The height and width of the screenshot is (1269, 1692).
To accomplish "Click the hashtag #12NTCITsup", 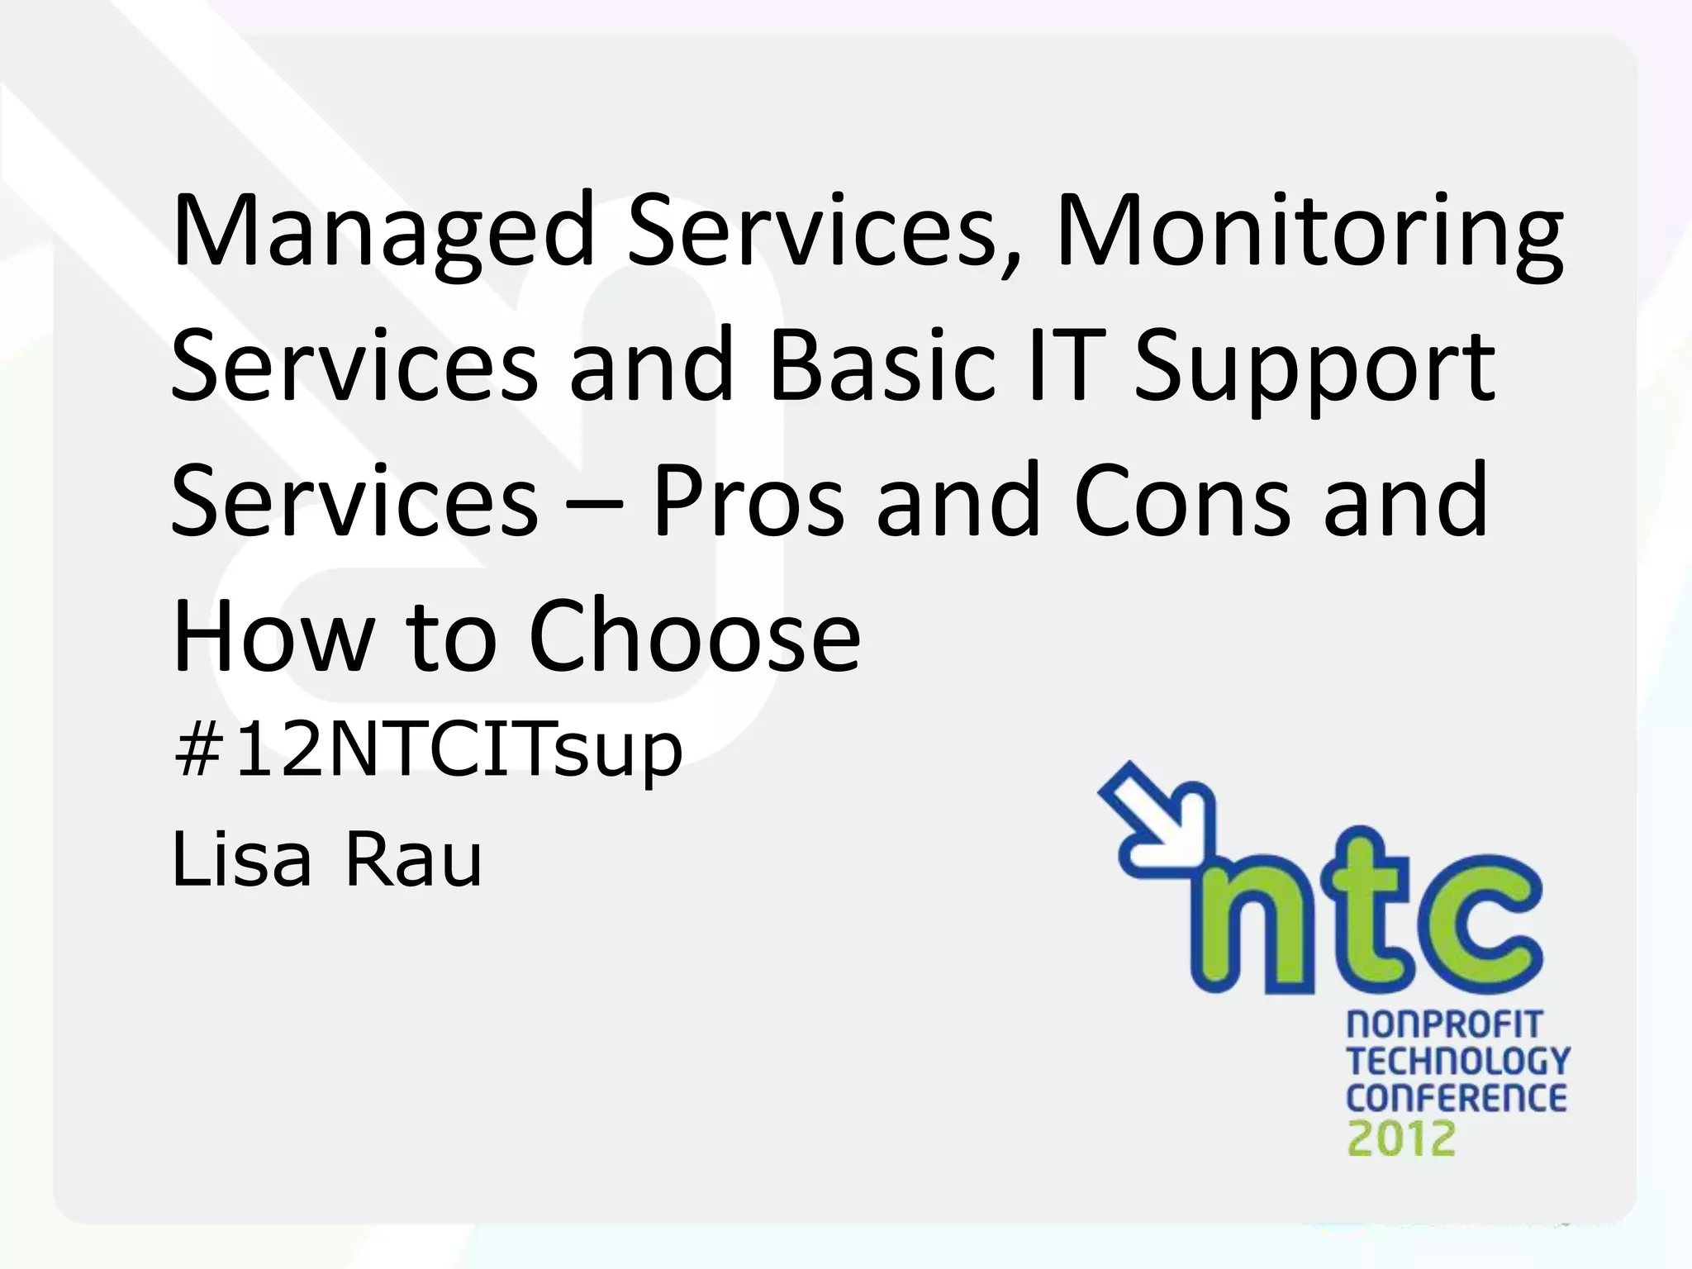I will [428, 750].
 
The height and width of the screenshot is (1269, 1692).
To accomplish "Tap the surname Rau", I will [413, 859].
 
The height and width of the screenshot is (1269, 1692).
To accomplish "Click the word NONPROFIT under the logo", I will [1444, 1025].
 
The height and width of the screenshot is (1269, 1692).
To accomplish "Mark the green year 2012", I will [1401, 1138].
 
